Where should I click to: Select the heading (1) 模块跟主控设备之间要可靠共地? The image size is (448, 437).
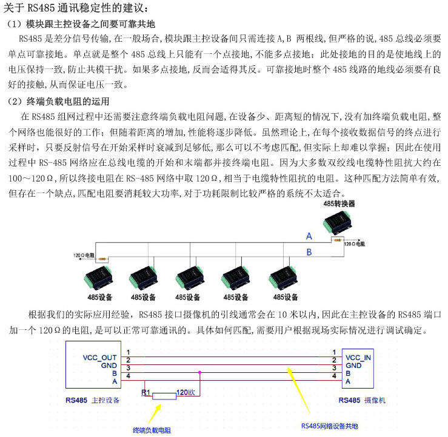81,24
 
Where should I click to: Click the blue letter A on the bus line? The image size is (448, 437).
309,235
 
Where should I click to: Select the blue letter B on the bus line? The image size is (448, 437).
309,251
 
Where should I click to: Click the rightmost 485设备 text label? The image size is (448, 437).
286,297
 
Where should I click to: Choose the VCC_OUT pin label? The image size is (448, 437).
99,357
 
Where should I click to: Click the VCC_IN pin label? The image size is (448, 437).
359,357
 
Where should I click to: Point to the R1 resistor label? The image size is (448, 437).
145,392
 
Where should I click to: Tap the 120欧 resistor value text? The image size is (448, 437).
185,392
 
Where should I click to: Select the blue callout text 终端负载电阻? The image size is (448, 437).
152,430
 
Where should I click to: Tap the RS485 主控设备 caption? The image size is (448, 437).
92,401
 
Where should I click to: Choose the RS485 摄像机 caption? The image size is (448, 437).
362,401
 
